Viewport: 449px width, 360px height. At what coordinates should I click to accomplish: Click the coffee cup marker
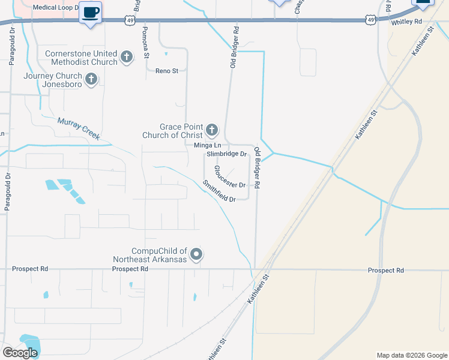[x=90, y=13]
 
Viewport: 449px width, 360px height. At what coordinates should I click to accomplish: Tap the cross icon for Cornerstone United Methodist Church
[x=126, y=58]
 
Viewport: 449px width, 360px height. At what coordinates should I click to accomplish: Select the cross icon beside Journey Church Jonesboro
[x=91, y=79]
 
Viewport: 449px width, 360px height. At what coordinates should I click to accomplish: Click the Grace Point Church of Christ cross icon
[x=211, y=130]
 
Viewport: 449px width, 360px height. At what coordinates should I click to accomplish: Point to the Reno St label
[x=167, y=71]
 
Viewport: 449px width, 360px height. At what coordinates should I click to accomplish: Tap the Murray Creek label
[x=78, y=128]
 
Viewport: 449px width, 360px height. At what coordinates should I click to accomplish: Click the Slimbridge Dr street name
[x=227, y=154]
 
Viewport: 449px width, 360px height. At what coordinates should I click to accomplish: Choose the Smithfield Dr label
[x=218, y=191]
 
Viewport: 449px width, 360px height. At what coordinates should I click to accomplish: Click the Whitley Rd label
[x=406, y=21]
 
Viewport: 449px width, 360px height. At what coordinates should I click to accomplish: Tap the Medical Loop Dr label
[x=56, y=8]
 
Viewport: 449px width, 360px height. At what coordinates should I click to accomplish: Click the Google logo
[x=20, y=353]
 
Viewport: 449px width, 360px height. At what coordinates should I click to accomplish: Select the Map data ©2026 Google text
[x=411, y=355]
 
